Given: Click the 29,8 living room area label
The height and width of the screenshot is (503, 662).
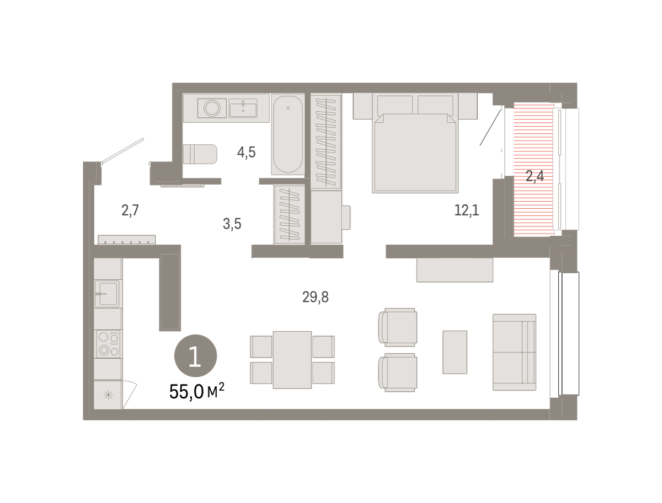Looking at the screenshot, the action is [x=315, y=298].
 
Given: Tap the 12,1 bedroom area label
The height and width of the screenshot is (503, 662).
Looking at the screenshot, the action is [x=466, y=210].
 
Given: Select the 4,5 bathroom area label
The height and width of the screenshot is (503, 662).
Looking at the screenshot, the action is [x=246, y=152].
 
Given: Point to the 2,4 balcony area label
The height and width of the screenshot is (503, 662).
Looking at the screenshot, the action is [x=535, y=176].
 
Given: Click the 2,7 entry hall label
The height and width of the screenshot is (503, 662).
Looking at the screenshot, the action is [x=130, y=210].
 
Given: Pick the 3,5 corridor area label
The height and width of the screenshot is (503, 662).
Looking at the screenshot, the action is [x=232, y=224].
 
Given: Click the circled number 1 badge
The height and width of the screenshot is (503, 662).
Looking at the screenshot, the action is [x=195, y=355].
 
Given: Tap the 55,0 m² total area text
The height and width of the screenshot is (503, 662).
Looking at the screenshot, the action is [x=196, y=391].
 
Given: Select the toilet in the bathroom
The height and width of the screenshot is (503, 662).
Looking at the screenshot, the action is [x=200, y=154].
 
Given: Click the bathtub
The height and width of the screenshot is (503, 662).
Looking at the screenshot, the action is [x=288, y=134].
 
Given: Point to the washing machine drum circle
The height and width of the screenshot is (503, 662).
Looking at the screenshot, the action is [x=212, y=108].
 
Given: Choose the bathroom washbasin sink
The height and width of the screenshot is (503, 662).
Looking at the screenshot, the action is [x=243, y=108].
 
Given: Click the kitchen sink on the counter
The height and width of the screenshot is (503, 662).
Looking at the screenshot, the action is [x=108, y=294].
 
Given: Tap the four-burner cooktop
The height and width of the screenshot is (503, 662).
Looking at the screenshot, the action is [x=108, y=344].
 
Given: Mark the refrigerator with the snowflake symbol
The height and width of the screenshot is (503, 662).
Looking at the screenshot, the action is [x=108, y=395].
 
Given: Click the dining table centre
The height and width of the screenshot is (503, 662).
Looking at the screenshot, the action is [x=292, y=360].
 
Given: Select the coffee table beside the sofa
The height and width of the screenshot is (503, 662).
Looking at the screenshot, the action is [x=455, y=352].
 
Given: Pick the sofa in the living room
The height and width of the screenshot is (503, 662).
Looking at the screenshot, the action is [x=514, y=352].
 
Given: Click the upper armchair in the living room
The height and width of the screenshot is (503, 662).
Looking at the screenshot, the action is [x=398, y=327].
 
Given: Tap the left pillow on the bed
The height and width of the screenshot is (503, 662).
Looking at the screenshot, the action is [x=395, y=105].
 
